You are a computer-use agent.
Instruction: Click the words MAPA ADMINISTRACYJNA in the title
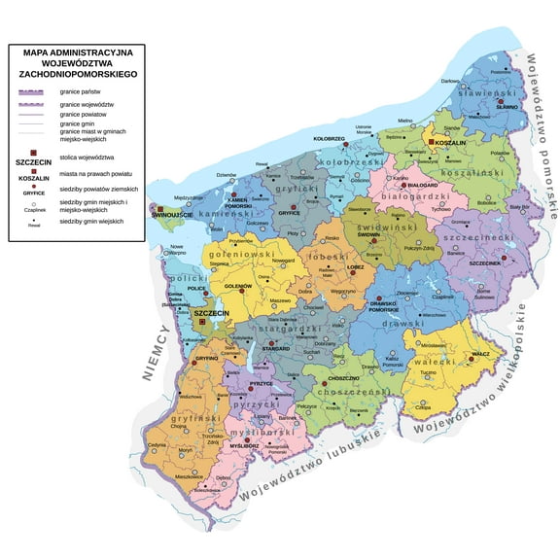click(x=77, y=52)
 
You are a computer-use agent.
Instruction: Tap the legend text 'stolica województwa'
click(x=87, y=157)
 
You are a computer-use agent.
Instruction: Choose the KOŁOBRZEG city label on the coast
click(x=332, y=139)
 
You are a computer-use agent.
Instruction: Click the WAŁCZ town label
click(x=480, y=356)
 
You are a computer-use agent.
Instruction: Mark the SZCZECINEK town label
click(x=484, y=262)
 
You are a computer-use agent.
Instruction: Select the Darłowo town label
click(x=451, y=82)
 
